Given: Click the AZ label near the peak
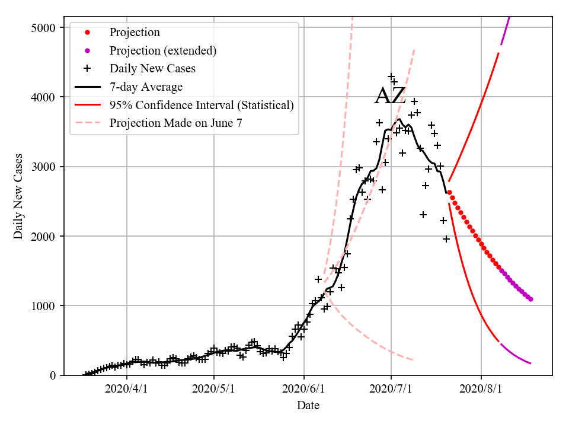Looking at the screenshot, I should pyautogui.click(x=390, y=96).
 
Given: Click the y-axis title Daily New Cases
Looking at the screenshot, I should pyautogui.click(x=18, y=196).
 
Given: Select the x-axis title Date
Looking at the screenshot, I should pyautogui.click(x=308, y=406).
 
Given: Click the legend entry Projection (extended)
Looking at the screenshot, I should pyautogui.click(x=163, y=51).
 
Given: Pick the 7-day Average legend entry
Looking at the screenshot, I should pyautogui.click(x=146, y=87).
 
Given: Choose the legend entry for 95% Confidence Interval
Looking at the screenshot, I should pyautogui.click(x=202, y=106).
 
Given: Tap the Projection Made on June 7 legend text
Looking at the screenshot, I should pyautogui.click(x=176, y=123).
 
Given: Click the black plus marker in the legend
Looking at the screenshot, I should pyautogui.click(x=87, y=69).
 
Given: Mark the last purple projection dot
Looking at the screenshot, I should pyautogui.click(x=530, y=299).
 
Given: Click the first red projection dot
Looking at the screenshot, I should pyautogui.click(x=449, y=193).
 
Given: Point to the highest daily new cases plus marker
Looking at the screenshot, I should pyautogui.click(x=391, y=77).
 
